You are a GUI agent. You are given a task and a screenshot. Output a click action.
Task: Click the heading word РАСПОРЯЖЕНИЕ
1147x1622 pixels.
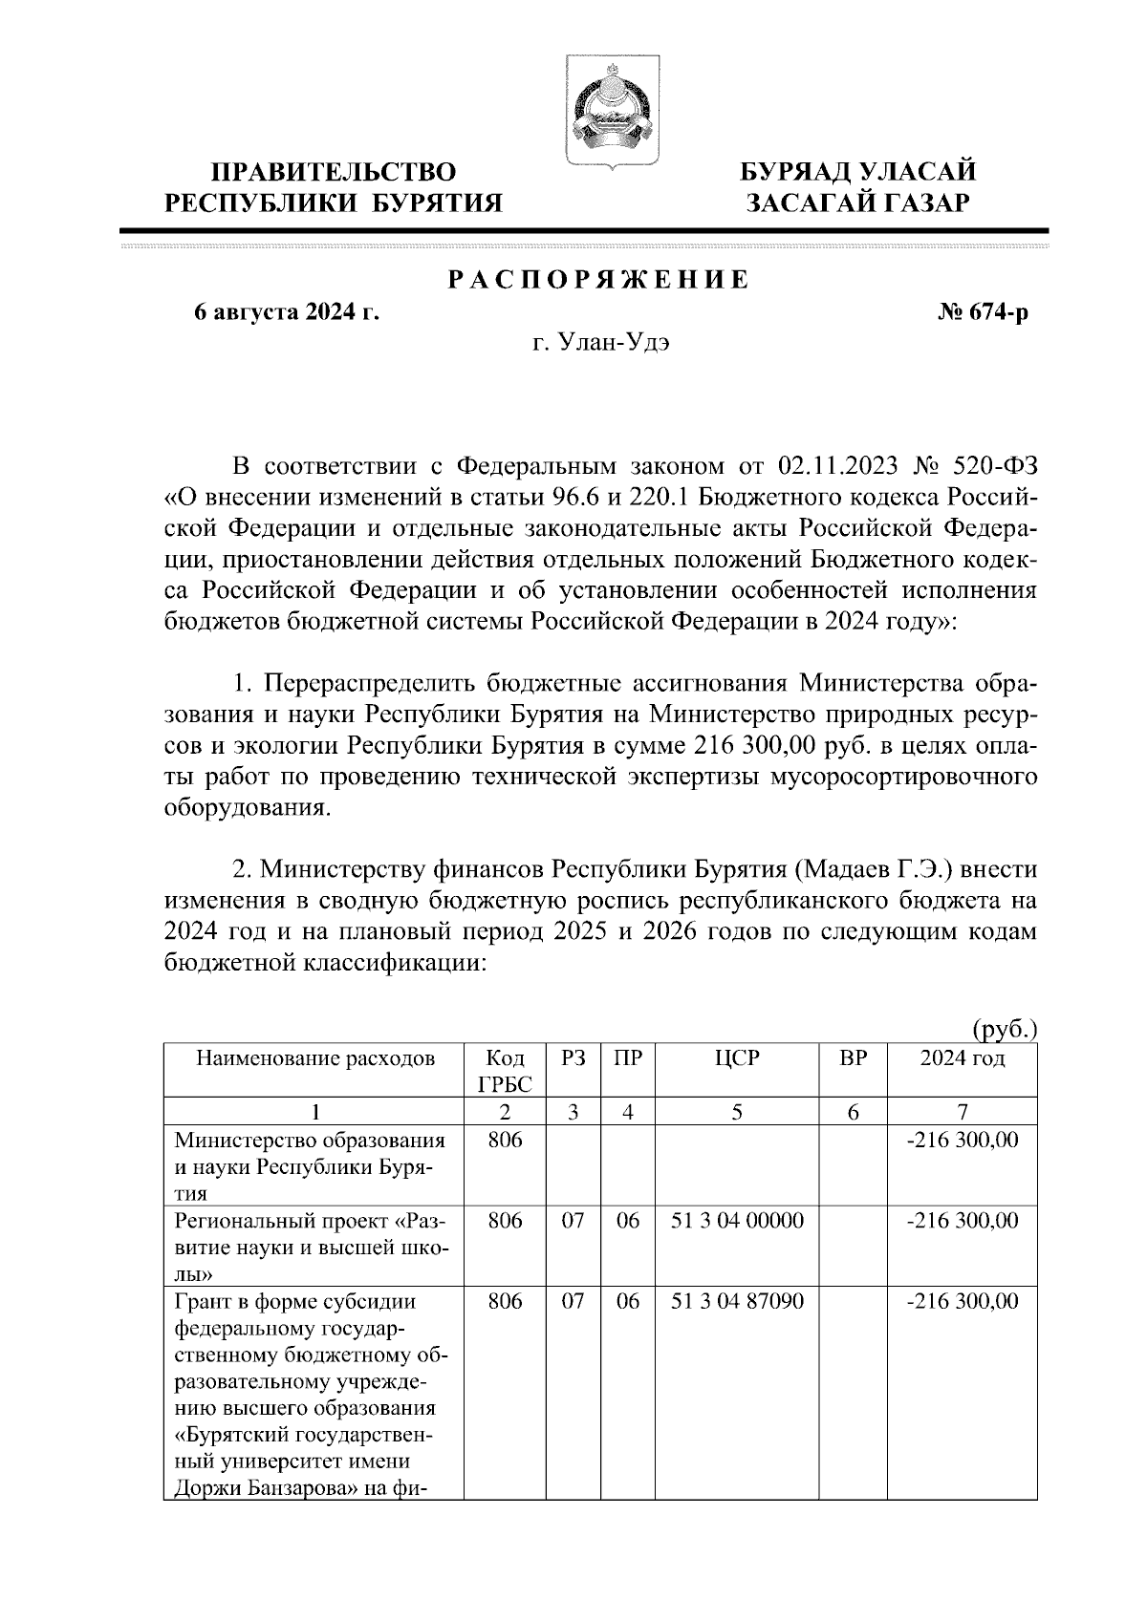coord(599,280)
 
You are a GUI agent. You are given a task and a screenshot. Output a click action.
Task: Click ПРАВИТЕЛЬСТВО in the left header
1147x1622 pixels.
coord(334,172)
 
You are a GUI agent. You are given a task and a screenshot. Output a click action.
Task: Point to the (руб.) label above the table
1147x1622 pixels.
coord(1005,1029)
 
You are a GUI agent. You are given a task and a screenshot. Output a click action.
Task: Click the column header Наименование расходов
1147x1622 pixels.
coord(315,1058)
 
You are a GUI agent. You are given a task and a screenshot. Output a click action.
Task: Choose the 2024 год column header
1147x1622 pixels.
coord(962,1058)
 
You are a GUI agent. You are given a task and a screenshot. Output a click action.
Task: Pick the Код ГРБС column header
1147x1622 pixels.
coord(505,1071)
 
